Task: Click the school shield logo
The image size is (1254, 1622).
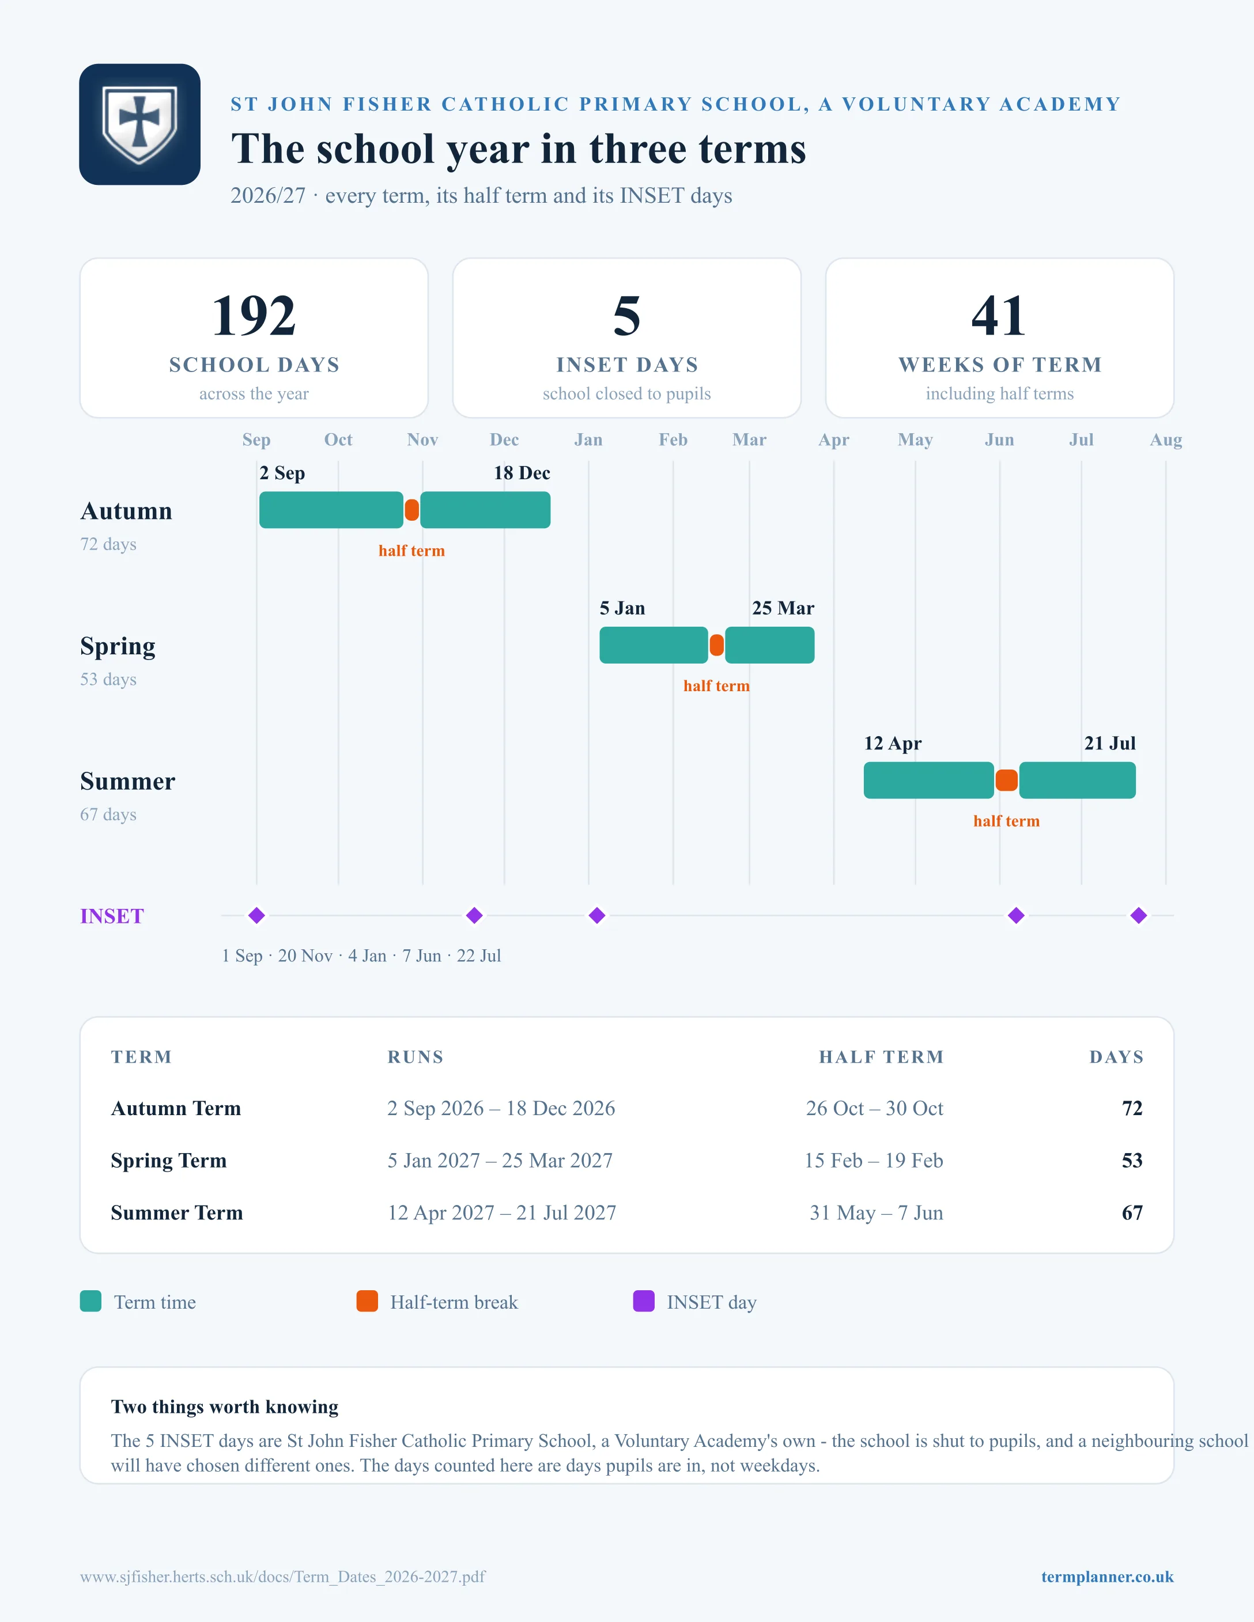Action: (139, 124)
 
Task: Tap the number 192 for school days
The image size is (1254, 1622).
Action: (254, 316)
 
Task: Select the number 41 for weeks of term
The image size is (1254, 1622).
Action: (999, 316)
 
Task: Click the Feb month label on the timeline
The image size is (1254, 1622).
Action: (673, 439)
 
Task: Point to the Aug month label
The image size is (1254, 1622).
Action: (1166, 439)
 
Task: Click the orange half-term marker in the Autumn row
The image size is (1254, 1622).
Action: (411, 510)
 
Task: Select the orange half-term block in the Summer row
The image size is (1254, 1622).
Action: (1007, 780)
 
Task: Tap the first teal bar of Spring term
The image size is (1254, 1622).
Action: (654, 645)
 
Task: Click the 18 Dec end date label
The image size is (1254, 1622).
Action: (522, 473)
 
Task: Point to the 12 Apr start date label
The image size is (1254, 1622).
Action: (892, 744)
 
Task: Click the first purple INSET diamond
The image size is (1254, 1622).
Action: (257, 916)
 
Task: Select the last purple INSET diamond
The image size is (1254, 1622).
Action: (1139, 916)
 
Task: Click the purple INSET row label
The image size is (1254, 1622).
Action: (112, 916)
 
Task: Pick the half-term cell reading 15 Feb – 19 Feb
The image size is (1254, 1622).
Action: (874, 1161)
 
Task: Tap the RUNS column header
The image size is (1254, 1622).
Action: (416, 1057)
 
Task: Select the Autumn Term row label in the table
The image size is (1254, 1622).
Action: (176, 1109)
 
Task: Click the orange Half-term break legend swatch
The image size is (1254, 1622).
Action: (367, 1301)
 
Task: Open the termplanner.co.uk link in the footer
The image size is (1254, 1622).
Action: (1107, 1576)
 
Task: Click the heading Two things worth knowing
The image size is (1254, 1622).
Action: (224, 1407)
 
